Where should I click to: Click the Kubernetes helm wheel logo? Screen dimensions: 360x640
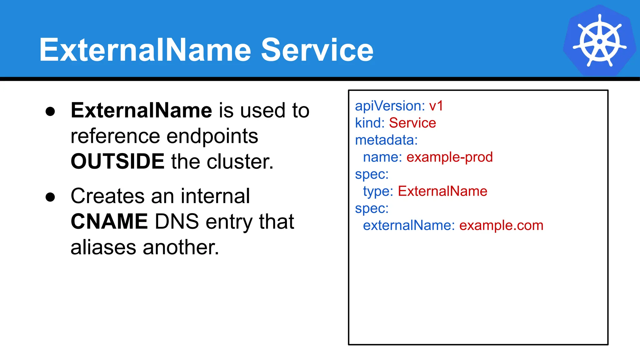click(x=599, y=41)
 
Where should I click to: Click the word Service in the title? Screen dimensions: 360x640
click(x=317, y=50)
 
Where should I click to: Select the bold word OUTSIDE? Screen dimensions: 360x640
click(x=117, y=161)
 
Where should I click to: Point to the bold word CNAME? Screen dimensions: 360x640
click(x=109, y=221)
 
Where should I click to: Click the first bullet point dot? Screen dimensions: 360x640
click(x=50, y=112)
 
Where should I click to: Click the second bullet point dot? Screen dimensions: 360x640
click(x=50, y=197)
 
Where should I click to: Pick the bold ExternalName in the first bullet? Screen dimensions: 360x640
click(x=141, y=110)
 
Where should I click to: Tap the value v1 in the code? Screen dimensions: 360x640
click(x=436, y=106)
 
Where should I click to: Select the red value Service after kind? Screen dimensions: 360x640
click(x=412, y=123)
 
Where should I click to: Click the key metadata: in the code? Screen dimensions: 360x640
click(x=386, y=140)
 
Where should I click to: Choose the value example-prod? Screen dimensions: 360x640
click(x=449, y=157)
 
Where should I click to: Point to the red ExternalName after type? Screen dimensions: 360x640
click(x=442, y=191)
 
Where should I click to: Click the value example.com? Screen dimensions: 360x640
click(x=501, y=225)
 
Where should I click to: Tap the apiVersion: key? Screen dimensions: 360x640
click(x=390, y=106)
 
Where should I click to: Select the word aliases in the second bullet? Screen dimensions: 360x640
click(x=103, y=247)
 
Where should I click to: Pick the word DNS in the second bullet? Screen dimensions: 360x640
click(x=177, y=221)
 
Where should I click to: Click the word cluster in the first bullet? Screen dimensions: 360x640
click(x=239, y=161)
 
